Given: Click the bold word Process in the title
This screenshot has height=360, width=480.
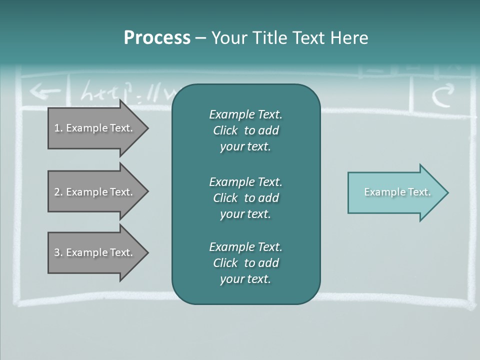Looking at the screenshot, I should pos(157,38).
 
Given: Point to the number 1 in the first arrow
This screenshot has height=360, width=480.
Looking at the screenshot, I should pos(57,128).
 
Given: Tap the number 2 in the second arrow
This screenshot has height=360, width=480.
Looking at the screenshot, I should pos(57,192).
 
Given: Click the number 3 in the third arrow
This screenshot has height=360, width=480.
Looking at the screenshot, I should pos(57,252).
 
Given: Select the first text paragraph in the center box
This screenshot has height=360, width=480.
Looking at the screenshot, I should pos(245,130).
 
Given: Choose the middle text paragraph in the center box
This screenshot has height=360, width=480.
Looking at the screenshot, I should pos(245,197).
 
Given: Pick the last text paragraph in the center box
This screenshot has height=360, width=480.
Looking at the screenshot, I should pos(245,263).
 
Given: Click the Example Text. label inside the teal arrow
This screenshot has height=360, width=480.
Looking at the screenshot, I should pos(397,192).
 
